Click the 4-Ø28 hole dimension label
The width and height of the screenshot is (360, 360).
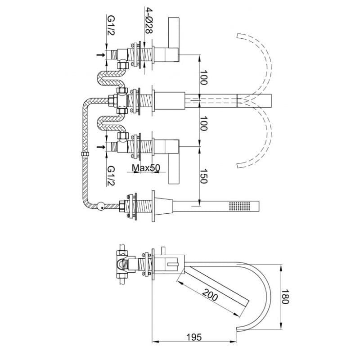point(148,20)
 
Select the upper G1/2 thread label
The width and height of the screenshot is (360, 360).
point(111,25)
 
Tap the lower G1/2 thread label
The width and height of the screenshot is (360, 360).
point(111,176)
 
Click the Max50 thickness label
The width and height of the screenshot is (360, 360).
point(146,168)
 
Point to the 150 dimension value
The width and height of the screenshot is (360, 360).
point(203,176)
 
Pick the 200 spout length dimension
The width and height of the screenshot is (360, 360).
point(210,295)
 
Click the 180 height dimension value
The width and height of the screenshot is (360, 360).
point(285,297)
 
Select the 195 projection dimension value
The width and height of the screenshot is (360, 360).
point(194,337)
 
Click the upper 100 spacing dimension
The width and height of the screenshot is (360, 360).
point(203,77)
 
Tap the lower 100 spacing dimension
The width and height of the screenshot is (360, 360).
point(203,123)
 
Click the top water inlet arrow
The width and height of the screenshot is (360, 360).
point(100,55)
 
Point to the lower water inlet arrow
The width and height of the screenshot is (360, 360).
point(100,147)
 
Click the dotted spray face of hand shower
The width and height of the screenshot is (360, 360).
point(240,206)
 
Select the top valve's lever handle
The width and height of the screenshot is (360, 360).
point(174,32)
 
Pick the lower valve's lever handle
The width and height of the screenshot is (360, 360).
point(174,169)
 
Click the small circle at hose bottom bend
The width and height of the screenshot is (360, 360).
point(100,206)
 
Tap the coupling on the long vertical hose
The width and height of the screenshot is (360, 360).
point(85,154)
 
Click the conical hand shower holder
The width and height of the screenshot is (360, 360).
point(164,206)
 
